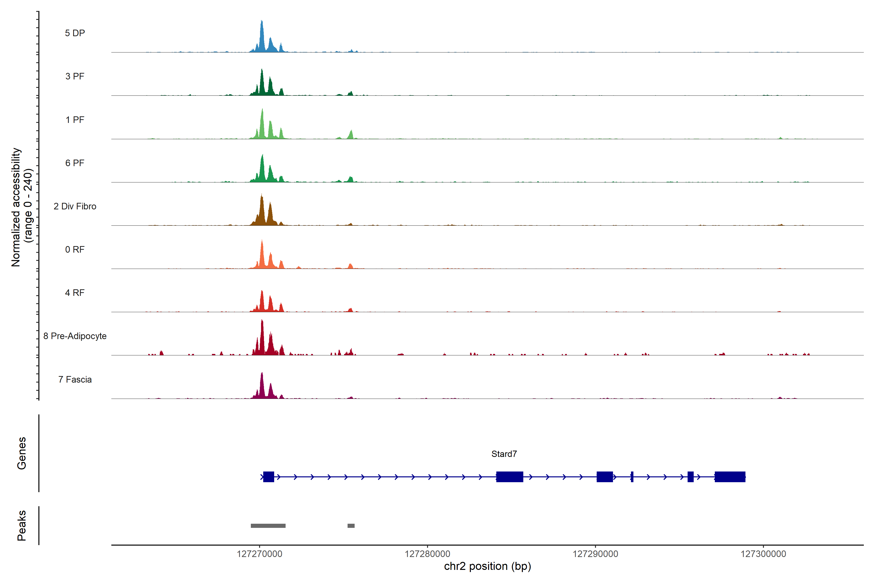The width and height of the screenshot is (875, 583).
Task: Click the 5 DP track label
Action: [x=75, y=33]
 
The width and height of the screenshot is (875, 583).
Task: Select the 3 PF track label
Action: [x=75, y=76]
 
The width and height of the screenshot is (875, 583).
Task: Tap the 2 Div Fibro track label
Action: [x=75, y=206]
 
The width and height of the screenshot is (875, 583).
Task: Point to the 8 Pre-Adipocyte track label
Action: [x=75, y=336]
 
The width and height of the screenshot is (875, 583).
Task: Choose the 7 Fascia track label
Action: [x=75, y=380]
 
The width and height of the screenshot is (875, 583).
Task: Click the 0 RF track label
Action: [x=75, y=249]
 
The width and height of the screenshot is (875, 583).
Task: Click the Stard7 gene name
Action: [x=504, y=454]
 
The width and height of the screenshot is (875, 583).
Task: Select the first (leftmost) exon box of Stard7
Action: [x=269, y=477]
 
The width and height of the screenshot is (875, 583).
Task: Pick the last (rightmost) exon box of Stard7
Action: [x=730, y=477]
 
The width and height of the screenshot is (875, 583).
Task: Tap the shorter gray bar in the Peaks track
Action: [x=351, y=526]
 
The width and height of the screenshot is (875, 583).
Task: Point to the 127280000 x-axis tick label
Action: [x=428, y=554]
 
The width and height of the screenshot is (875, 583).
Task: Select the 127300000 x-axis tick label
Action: [x=763, y=554]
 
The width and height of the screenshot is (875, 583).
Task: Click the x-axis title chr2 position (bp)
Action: [x=487, y=566]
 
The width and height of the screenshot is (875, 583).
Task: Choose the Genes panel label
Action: [x=22, y=453]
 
